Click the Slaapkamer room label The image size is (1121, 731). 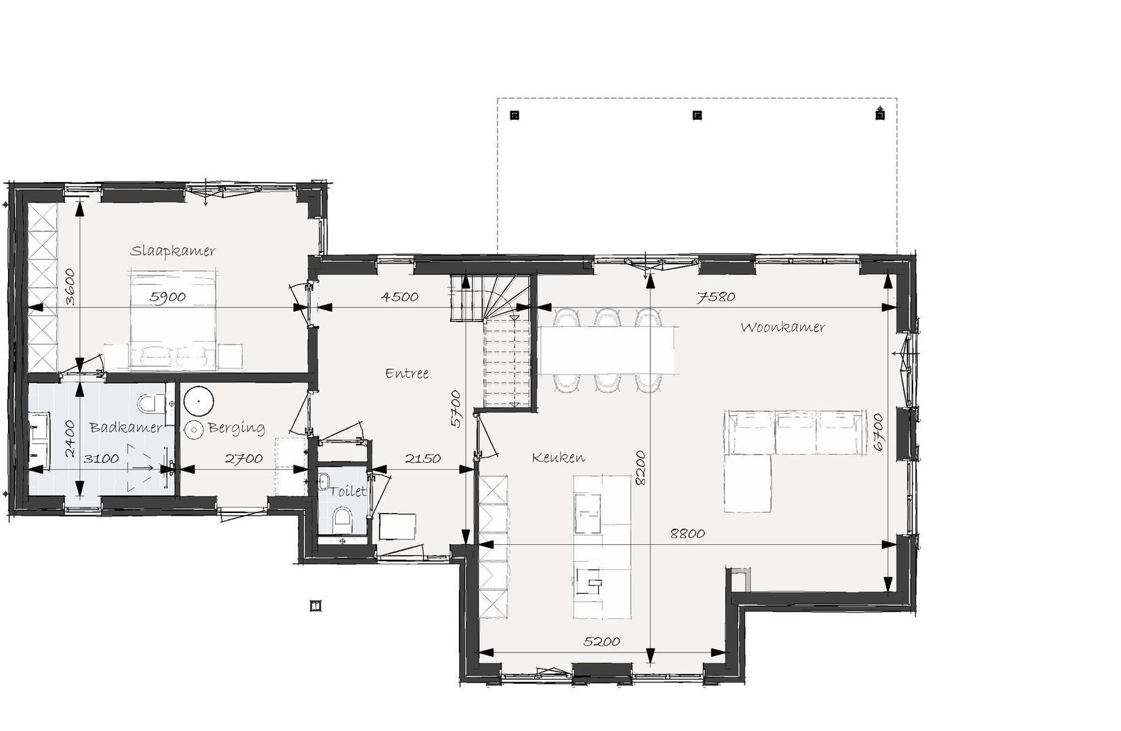pyautogui.click(x=173, y=250)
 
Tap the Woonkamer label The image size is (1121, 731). pyautogui.click(x=783, y=327)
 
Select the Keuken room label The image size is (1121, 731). pyautogui.click(x=558, y=458)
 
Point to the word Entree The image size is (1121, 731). pyautogui.click(x=407, y=373)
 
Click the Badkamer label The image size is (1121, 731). pyautogui.click(x=126, y=427)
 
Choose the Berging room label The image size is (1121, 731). pyautogui.click(x=236, y=428)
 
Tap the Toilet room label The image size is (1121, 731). pyautogui.click(x=349, y=491)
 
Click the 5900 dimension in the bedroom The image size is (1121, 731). pyautogui.click(x=168, y=296)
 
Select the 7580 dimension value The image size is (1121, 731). pyautogui.click(x=716, y=296)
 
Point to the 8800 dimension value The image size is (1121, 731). pyautogui.click(x=688, y=533)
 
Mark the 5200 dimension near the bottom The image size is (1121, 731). pyautogui.click(x=602, y=642)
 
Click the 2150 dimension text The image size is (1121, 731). pyautogui.click(x=423, y=458)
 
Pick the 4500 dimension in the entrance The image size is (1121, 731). pyautogui.click(x=399, y=296)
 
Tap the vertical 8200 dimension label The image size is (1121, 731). pyautogui.click(x=640, y=468)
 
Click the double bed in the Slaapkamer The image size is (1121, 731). pyautogui.click(x=174, y=319)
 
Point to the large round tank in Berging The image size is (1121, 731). pyautogui.click(x=198, y=401)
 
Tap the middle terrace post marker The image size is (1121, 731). pyautogui.click(x=697, y=116)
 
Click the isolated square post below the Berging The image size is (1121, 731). pyautogui.click(x=315, y=606)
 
